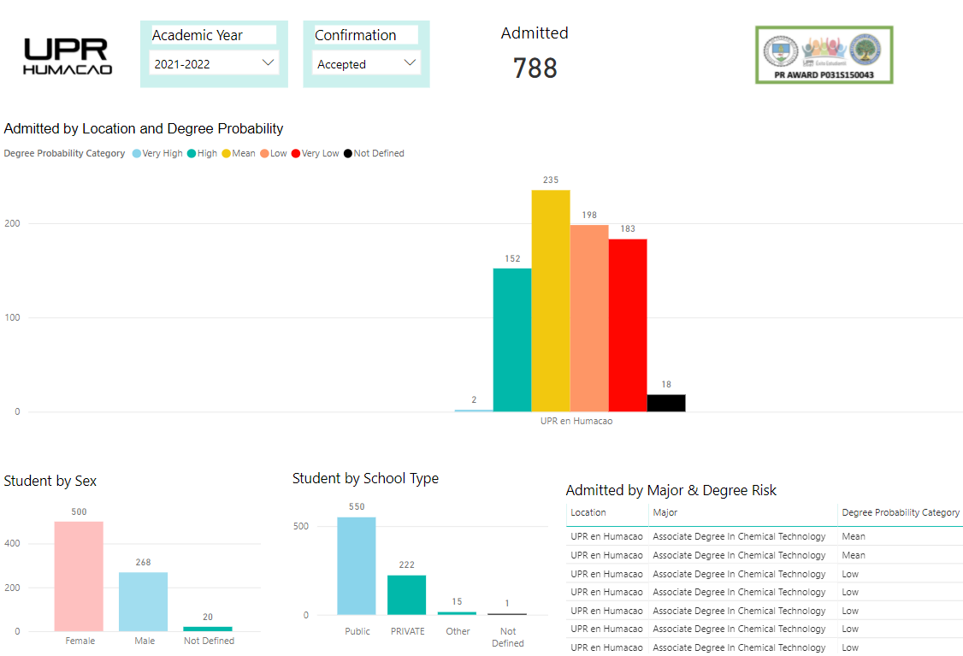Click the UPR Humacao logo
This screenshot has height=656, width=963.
[68, 56]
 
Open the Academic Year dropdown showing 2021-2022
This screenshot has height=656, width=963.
[214, 63]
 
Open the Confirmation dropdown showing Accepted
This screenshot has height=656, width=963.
[365, 63]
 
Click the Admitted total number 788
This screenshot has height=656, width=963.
[535, 68]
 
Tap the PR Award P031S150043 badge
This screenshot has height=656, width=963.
[824, 55]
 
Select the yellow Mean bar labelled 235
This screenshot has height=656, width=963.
[551, 300]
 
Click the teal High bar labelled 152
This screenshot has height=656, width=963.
[512, 340]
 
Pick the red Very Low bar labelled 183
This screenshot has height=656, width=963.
[628, 325]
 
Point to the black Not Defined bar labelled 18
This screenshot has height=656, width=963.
[666, 403]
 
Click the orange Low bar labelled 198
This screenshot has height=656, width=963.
[589, 318]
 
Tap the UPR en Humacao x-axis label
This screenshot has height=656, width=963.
[576, 421]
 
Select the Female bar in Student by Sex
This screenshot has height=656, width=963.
[79, 576]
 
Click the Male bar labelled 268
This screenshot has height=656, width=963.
[143, 602]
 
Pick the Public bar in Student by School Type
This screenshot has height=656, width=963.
[356, 566]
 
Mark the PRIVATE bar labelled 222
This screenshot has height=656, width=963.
[406, 595]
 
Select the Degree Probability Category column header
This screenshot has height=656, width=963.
[901, 512]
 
